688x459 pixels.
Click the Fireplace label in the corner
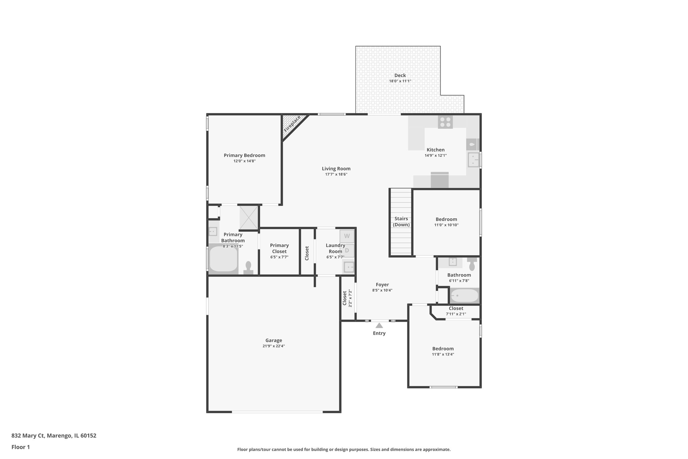292,124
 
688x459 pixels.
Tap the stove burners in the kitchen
445,122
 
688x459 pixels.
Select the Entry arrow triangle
379,326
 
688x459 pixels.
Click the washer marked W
347,236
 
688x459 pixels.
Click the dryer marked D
347,250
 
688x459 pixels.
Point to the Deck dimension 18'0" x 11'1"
400,81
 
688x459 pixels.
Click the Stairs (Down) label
401,222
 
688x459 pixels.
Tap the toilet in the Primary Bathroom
248,268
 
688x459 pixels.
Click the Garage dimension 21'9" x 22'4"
273,346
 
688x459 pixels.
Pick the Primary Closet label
279,248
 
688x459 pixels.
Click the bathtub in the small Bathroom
464,296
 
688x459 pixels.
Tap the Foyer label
382,284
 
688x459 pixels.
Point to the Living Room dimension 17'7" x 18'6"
336,174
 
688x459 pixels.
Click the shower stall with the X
249,218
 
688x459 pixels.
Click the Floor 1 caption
20,447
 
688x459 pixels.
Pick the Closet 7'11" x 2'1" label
456,308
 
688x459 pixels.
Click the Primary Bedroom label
244,155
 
